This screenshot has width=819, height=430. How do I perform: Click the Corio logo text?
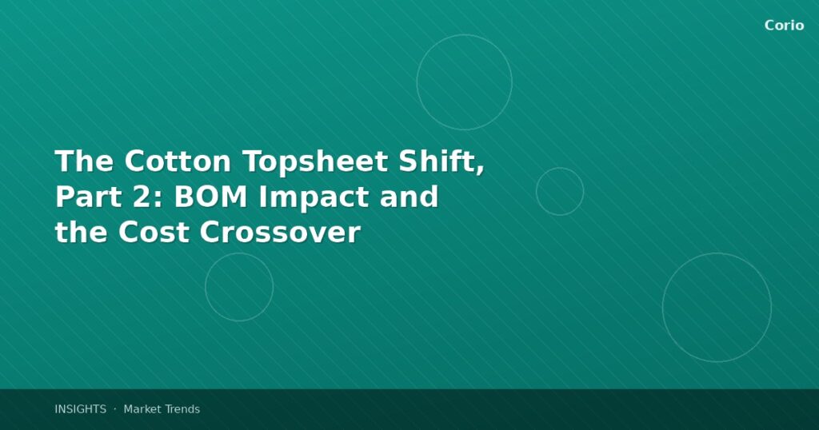(x=784, y=26)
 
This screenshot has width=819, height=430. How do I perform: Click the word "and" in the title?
(x=409, y=197)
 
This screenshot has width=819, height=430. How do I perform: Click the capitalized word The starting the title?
(x=84, y=161)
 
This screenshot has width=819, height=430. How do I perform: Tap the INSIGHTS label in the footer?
(x=80, y=409)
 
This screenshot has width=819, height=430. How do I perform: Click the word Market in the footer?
(x=142, y=409)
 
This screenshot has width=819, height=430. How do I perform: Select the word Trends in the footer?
(x=182, y=409)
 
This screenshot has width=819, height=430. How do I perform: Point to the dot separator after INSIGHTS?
(x=114, y=408)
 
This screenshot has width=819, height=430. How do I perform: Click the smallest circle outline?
(x=560, y=192)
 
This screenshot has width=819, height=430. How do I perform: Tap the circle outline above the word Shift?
(x=464, y=82)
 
